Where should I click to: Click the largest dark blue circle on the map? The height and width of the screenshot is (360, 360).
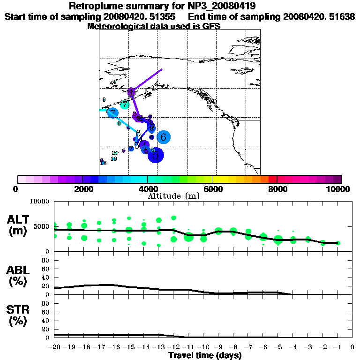click(156, 155)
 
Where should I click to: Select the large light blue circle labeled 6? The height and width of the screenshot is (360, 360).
click(163, 137)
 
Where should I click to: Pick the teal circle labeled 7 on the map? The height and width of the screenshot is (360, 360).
click(124, 104)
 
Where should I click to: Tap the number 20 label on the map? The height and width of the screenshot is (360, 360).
click(115, 153)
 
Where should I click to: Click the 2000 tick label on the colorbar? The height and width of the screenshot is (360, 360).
click(82, 189)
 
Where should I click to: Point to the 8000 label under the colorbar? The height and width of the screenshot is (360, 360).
click(277, 189)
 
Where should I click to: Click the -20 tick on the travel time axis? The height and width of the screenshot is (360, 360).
click(54, 347)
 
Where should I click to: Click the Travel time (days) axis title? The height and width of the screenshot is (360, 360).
click(205, 355)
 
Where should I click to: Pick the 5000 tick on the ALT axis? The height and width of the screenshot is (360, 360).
click(43, 226)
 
